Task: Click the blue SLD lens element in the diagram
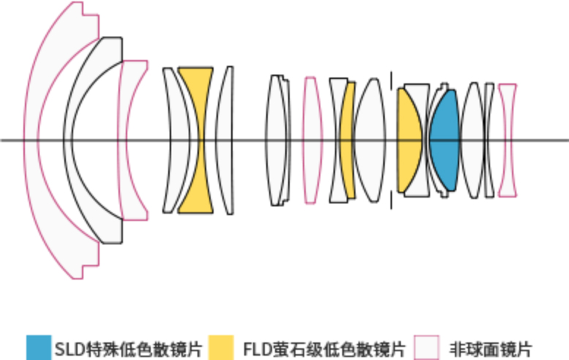(x=443, y=139)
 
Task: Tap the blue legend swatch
(x=39, y=348)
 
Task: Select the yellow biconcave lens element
(x=195, y=139)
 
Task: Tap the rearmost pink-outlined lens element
(x=507, y=139)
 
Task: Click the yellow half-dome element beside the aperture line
(x=408, y=139)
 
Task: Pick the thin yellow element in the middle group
(x=348, y=139)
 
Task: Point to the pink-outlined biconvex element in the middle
(x=312, y=139)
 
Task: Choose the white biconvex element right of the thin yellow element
(x=370, y=139)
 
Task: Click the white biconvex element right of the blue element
(x=472, y=139)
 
